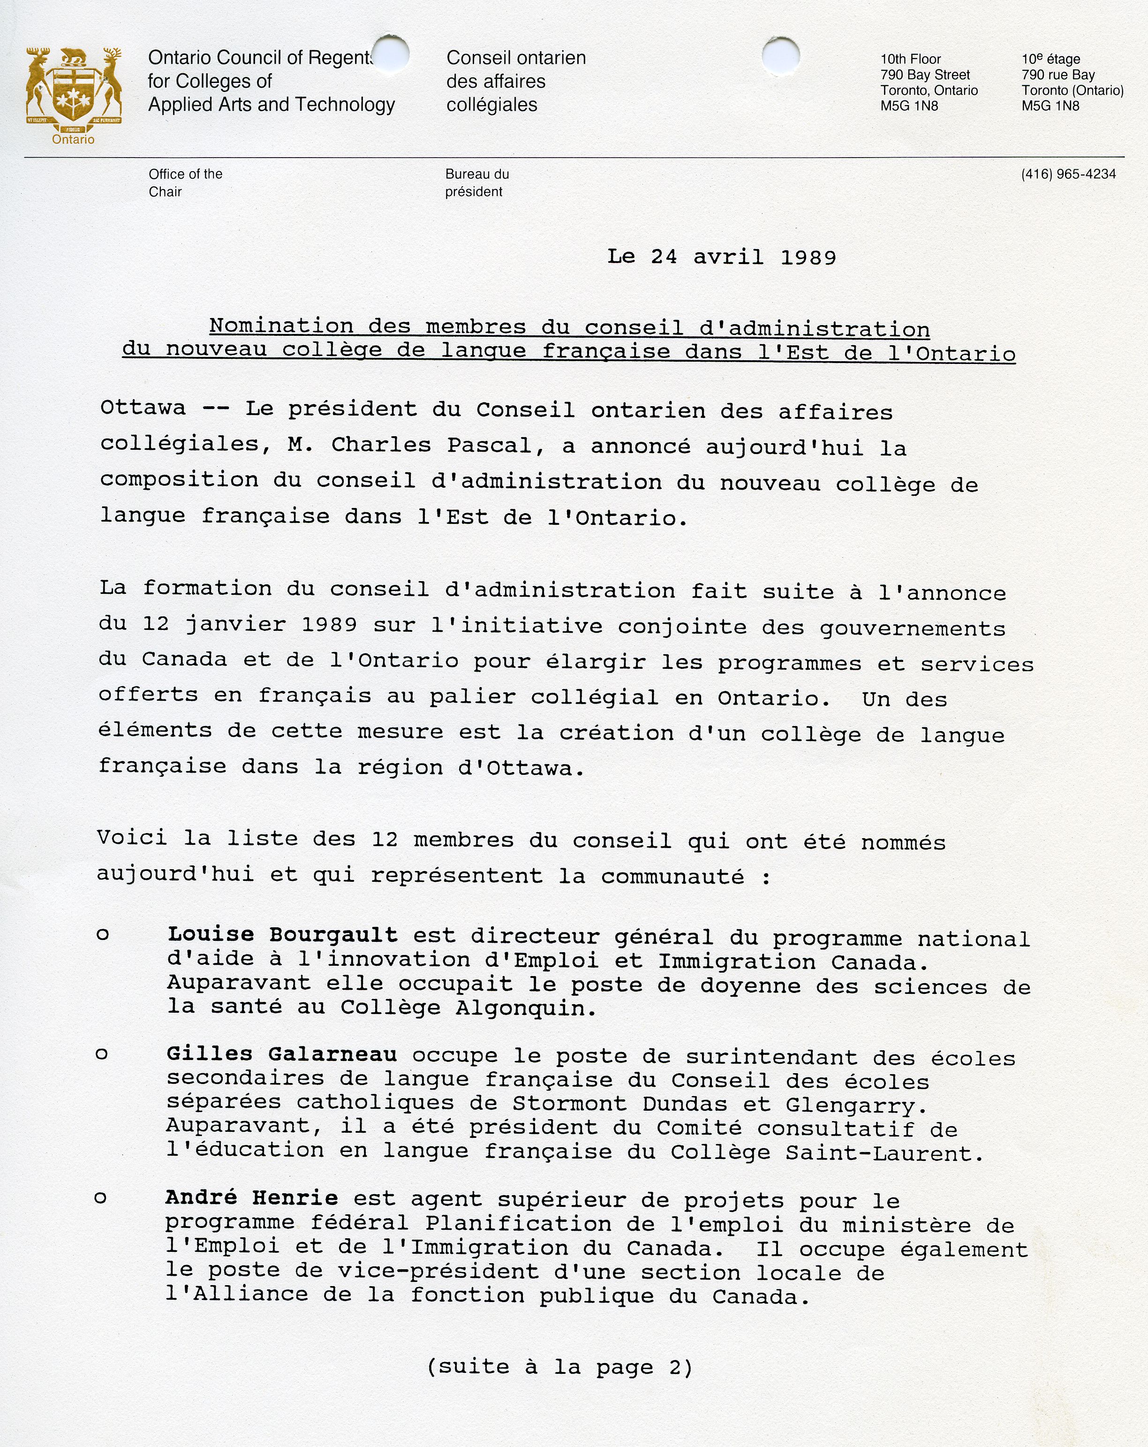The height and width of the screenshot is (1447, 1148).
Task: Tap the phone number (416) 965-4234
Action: click(x=1068, y=174)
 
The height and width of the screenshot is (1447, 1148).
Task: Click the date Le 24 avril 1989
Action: click(x=721, y=257)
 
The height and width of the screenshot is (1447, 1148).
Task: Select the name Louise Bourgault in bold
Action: click(x=282, y=934)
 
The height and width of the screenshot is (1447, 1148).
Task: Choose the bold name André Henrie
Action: click(x=252, y=1197)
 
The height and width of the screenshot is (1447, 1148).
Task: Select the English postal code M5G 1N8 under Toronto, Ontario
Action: click(x=909, y=106)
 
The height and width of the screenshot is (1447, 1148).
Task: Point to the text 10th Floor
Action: click(x=911, y=59)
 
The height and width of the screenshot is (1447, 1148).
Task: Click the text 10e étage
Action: click(x=1051, y=59)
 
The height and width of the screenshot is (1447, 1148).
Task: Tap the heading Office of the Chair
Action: click(x=185, y=182)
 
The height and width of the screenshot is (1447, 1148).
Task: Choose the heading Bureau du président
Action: click(x=476, y=182)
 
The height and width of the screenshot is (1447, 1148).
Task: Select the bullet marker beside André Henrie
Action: click(x=101, y=1198)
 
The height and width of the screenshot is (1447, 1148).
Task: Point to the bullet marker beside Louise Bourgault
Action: click(x=103, y=934)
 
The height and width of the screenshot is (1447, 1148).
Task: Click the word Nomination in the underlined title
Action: click(x=281, y=326)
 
